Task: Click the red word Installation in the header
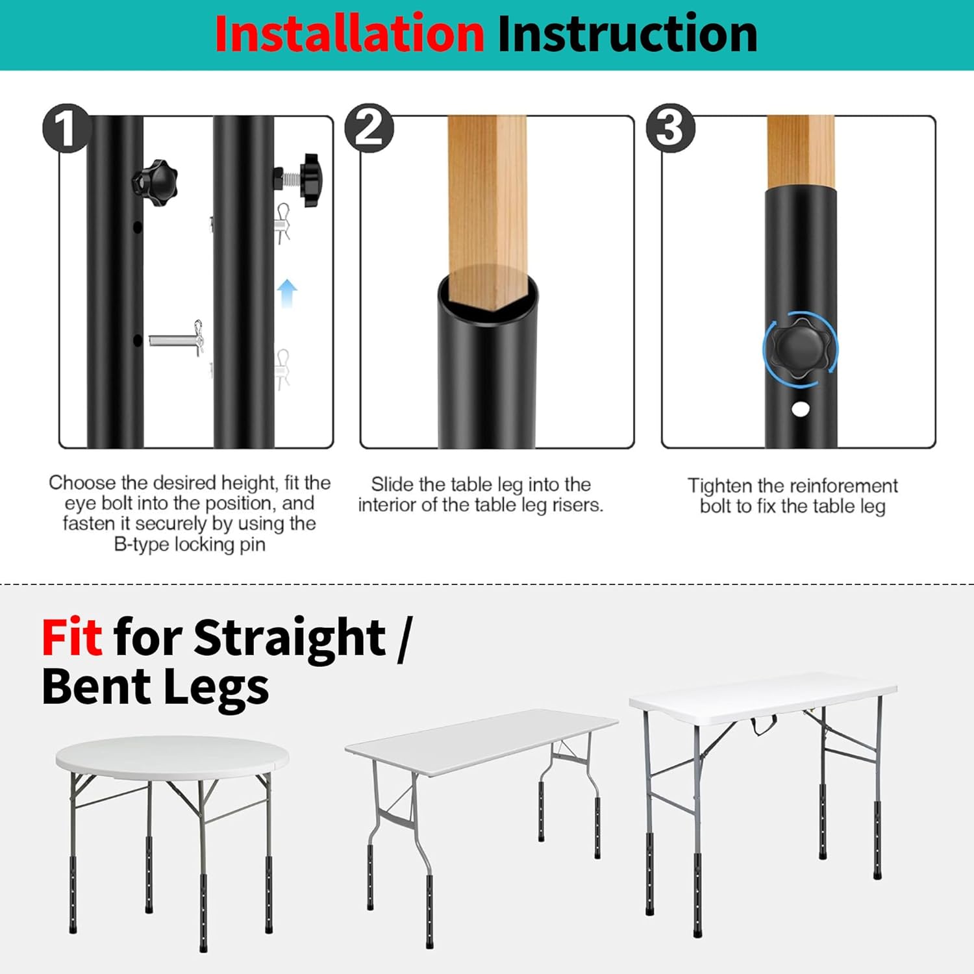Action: point(349,34)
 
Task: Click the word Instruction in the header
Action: point(627,34)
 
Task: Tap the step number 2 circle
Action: point(369,128)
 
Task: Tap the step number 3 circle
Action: point(670,128)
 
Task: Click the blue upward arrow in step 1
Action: point(287,293)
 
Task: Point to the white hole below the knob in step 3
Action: point(801,409)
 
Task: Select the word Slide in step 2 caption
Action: point(392,484)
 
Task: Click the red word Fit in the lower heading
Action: point(71,638)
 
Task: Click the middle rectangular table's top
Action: point(481,740)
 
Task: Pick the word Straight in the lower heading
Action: point(290,638)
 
